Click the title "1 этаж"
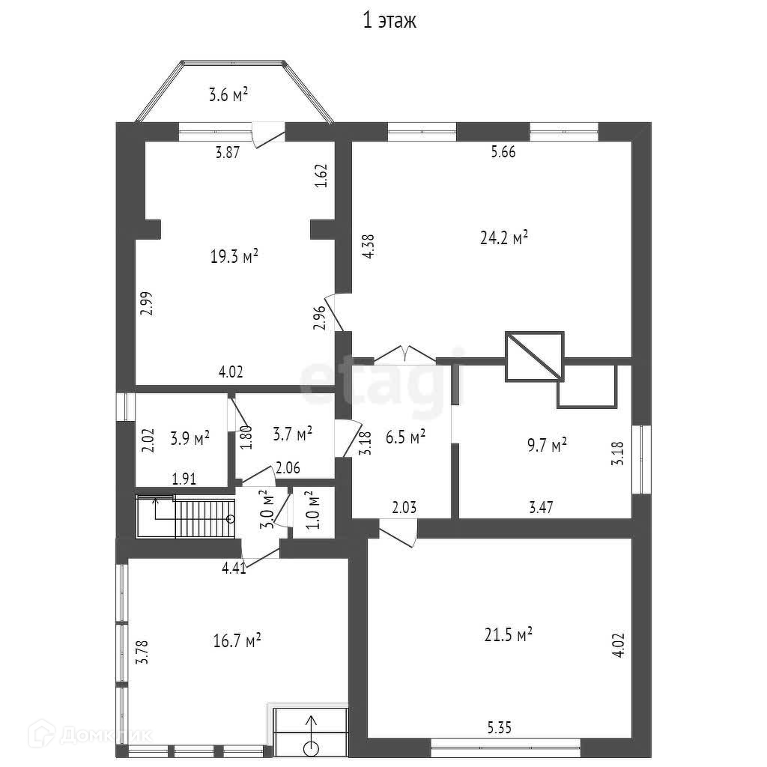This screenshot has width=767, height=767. click(389, 20)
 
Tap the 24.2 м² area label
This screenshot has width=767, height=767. click(504, 237)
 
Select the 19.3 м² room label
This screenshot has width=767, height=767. click(234, 256)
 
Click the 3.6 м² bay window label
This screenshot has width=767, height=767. click(228, 94)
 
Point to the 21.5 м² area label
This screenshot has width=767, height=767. click(509, 634)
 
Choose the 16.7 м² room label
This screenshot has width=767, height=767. click(237, 640)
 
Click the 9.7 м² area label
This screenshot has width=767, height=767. click(547, 445)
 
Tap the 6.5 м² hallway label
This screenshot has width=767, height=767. click(405, 437)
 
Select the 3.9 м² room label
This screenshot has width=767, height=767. click(190, 437)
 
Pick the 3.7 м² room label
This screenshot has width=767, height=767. click(293, 434)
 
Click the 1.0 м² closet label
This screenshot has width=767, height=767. click(314, 509)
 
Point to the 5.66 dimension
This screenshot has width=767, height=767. click(503, 151)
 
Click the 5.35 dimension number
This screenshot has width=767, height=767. click(499, 727)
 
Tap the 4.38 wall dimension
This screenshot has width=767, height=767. click(369, 246)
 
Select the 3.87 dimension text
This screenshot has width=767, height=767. click(228, 152)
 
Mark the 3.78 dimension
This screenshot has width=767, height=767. click(142, 652)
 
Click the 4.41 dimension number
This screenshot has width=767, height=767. click(234, 568)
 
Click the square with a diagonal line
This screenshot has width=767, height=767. click(535, 356)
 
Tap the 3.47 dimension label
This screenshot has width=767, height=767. click(541, 507)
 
